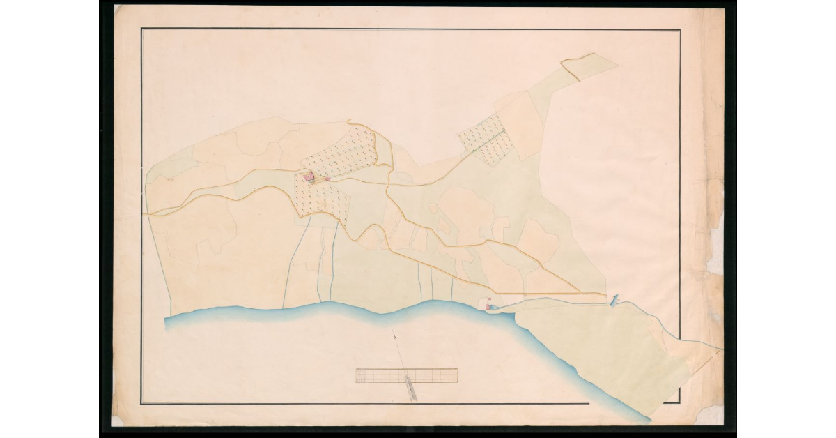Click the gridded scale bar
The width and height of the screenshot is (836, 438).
point(407,375)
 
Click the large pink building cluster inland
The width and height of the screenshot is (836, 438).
point(309,178)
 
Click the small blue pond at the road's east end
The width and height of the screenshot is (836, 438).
point(614,300)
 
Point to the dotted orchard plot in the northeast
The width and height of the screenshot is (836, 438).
point(486,140)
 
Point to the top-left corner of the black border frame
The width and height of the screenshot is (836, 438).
point(141,29)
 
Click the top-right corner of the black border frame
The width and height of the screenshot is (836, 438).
point(680,30)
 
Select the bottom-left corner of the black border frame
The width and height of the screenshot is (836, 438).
point(141,404)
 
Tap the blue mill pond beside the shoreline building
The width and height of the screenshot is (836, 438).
point(493,307)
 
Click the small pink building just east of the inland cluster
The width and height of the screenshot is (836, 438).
point(326,179)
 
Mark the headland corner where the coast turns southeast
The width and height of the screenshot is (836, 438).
point(514,315)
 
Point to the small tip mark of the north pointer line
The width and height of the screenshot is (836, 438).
point(395,338)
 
